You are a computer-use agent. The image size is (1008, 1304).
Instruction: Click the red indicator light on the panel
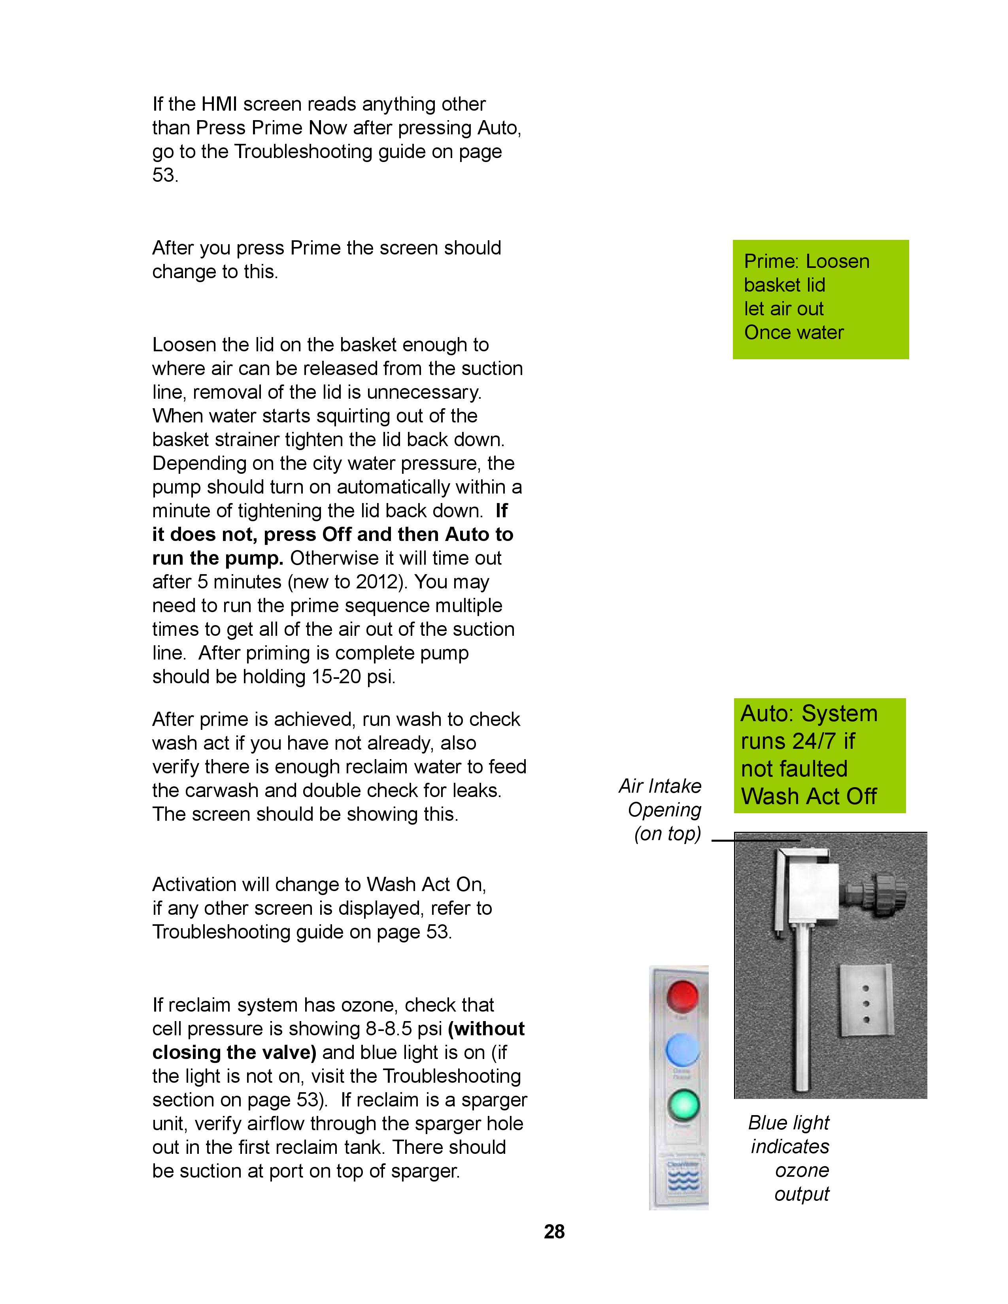point(682,995)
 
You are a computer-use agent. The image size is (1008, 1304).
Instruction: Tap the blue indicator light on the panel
point(682,1049)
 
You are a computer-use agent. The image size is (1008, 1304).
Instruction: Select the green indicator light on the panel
point(682,1104)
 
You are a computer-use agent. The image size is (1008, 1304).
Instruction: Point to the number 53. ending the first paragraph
point(165,175)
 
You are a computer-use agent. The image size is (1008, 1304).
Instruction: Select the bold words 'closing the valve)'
point(234,1052)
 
